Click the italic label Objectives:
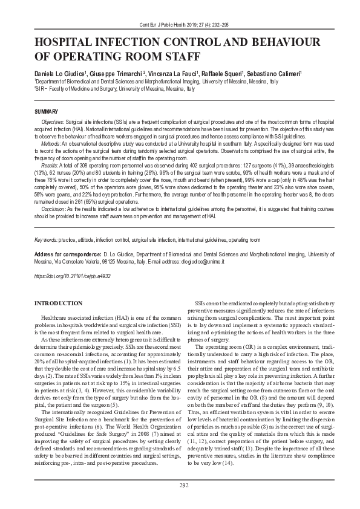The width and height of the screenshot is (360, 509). pos(53,122)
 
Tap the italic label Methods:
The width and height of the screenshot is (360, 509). pos(50,144)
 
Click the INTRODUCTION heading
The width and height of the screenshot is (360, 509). pos(58,302)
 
